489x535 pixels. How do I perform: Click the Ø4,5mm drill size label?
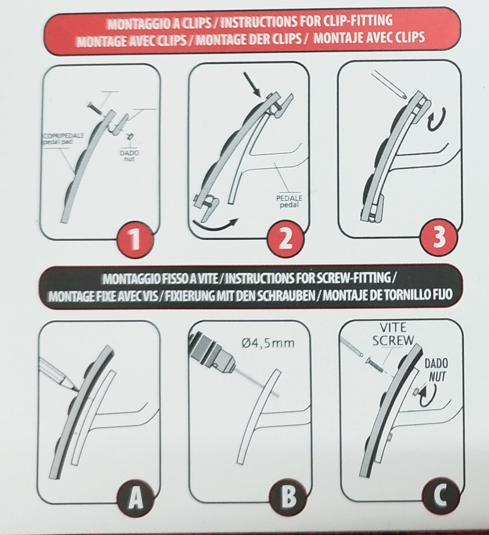click(268, 342)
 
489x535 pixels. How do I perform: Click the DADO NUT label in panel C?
click(436, 370)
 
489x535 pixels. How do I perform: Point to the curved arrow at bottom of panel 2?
click(215, 226)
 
